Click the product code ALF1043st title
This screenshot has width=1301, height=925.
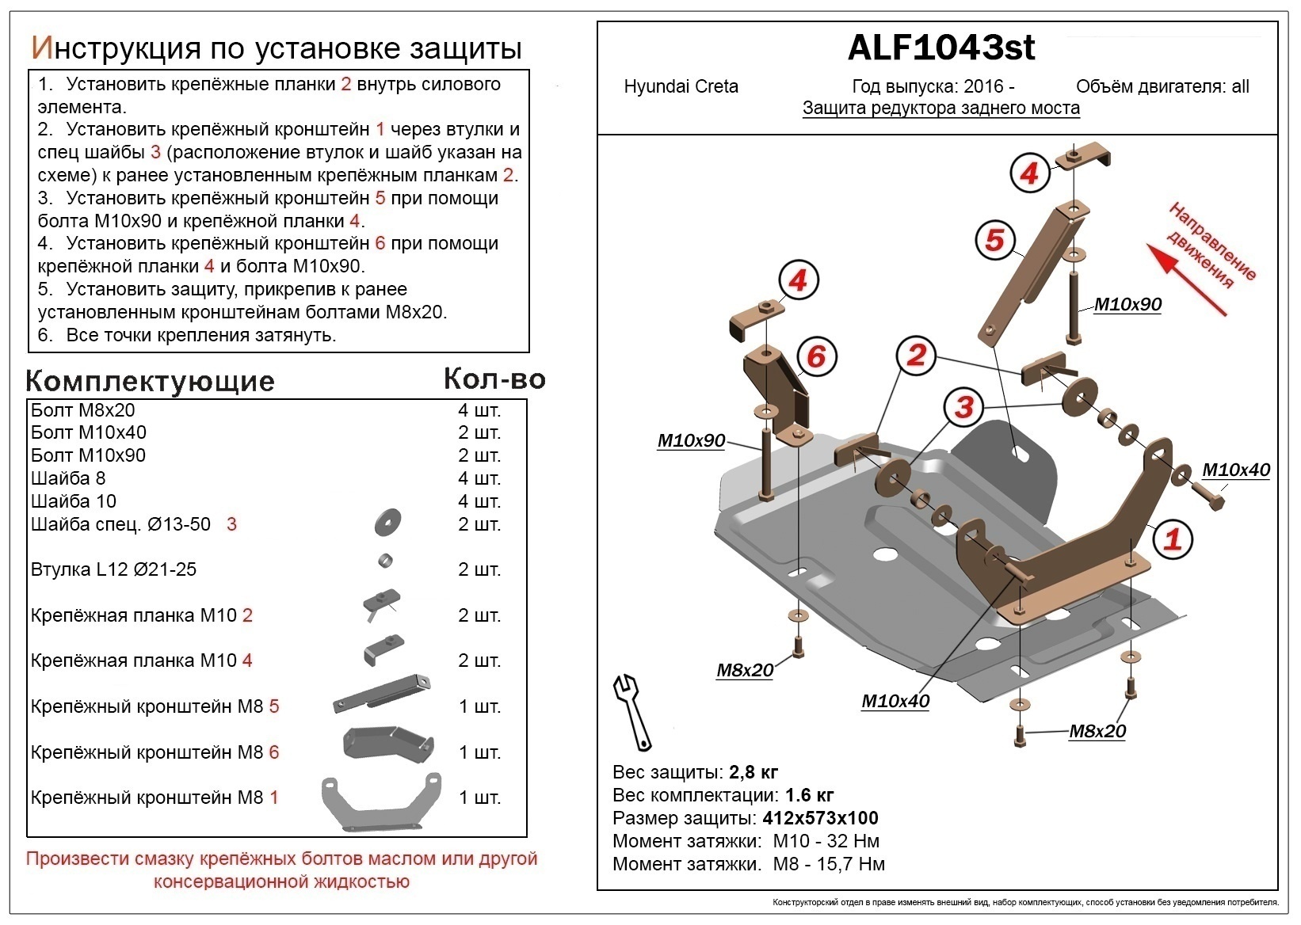click(x=940, y=48)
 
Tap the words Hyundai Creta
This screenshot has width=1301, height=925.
click(x=681, y=86)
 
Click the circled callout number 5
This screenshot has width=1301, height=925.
click(x=994, y=239)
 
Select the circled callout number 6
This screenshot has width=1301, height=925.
click(x=815, y=356)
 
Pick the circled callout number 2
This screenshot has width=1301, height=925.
click(x=916, y=354)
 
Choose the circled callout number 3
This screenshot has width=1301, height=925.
click(x=963, y=407)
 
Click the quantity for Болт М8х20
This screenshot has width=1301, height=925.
click(x=479, y=410)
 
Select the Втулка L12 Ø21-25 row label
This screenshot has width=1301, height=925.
click(x=113, y=569)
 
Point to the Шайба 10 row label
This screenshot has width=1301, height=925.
click(x=74, y=501)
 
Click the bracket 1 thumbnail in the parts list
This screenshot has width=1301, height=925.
click(x=380, y=802)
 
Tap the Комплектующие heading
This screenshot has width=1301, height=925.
click(x=150, y=382)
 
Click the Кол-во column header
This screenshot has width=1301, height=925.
click(x=494, y=379)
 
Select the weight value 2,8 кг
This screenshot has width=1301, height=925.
click(x=753, y=772)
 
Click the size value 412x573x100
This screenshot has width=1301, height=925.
click(x=820, y=818)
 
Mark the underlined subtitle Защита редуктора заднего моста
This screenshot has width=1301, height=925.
click(x=940, y=108)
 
